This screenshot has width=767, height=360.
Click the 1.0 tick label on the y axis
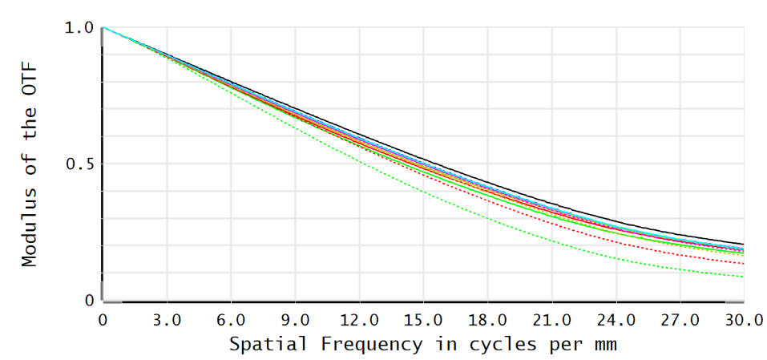[78, 28]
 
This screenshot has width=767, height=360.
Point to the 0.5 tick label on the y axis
[78, 164]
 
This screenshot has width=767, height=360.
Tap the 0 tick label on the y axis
[89, 301]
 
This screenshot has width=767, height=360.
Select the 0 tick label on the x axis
[103, 320]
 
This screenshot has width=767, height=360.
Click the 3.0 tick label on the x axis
[167, 320]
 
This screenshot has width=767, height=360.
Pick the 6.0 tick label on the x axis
[231, 320]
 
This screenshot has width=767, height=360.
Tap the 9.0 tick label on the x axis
[295, 320]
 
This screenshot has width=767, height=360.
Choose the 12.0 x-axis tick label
[359, 320]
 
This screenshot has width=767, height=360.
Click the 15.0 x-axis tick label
[423, 320]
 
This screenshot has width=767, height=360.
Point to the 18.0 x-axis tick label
[487, 320]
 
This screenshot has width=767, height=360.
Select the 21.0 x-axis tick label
[551, 320]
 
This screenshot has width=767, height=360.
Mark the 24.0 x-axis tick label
[616, 320]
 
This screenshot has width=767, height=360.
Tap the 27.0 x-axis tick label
[680, 320]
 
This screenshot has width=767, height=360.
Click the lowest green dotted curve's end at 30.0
[743, 277]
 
